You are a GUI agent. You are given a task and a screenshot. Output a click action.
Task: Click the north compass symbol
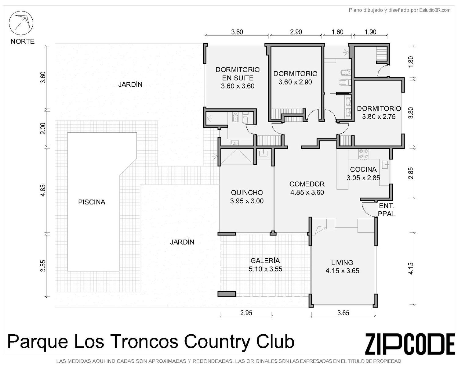[21, 23]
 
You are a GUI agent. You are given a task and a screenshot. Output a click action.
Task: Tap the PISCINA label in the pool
[92, 202]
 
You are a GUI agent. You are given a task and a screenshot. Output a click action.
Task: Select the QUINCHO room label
[247, 193]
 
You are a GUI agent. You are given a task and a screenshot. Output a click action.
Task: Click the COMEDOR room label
[307, 184]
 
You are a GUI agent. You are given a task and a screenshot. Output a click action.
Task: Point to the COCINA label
[363, 170]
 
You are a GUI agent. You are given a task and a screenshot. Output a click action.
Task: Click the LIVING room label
[342, 263]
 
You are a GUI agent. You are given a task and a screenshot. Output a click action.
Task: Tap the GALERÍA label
[265, 260]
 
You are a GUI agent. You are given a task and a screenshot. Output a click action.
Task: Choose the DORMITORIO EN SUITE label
[238, 74]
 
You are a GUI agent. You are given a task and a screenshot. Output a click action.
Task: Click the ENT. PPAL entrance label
[387, 210]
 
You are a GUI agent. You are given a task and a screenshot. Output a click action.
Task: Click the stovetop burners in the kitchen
[364, 154]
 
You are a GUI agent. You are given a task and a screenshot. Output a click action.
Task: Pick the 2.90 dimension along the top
[296, 32]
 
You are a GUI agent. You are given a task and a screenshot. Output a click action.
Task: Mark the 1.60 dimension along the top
[337, 32]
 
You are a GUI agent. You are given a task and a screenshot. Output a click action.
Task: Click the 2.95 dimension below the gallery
[246, 313]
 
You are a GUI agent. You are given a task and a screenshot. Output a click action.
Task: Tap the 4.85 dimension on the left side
[43, 190]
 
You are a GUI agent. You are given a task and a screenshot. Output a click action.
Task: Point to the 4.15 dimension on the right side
[411, 269]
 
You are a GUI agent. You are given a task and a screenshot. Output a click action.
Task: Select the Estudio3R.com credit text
[435, 10]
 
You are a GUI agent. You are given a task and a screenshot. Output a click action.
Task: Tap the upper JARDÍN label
[130, 84]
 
